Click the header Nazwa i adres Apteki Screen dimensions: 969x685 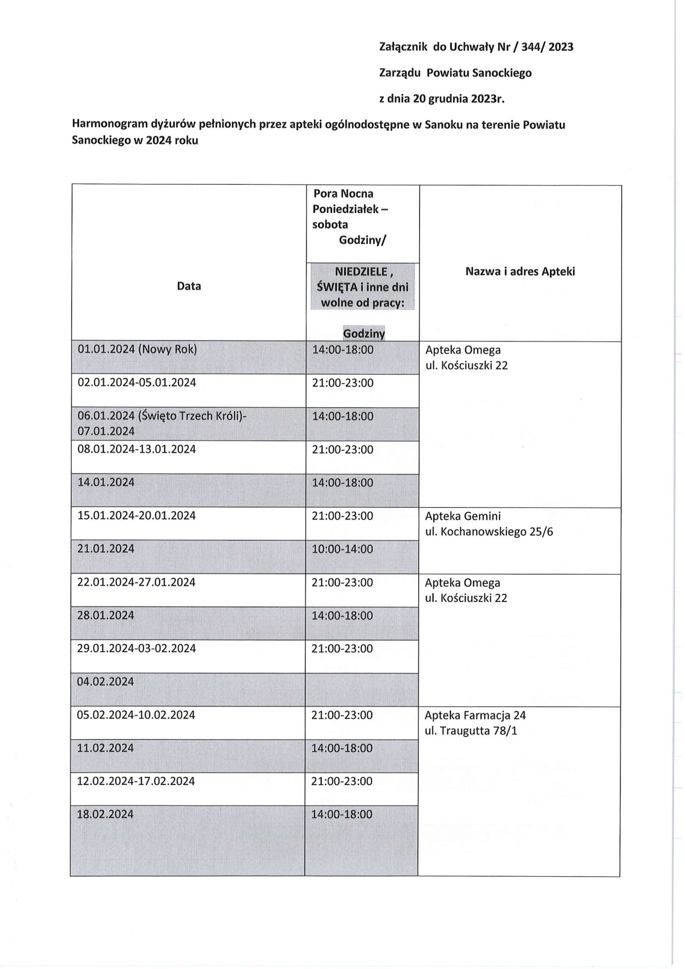520,271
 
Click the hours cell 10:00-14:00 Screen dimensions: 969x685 343,549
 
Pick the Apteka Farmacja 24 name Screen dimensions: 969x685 475,715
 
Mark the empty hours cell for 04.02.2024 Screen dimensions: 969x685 362,689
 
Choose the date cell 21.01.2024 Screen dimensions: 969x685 106,548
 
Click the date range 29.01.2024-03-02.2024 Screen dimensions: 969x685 136,648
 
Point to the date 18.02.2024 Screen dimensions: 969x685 105,814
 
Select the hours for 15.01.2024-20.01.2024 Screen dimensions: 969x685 343,516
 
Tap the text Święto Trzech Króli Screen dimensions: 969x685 192,416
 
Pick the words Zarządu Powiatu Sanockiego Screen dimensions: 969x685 455,73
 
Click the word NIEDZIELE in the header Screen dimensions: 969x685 361,272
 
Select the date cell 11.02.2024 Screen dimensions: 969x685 105,748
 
